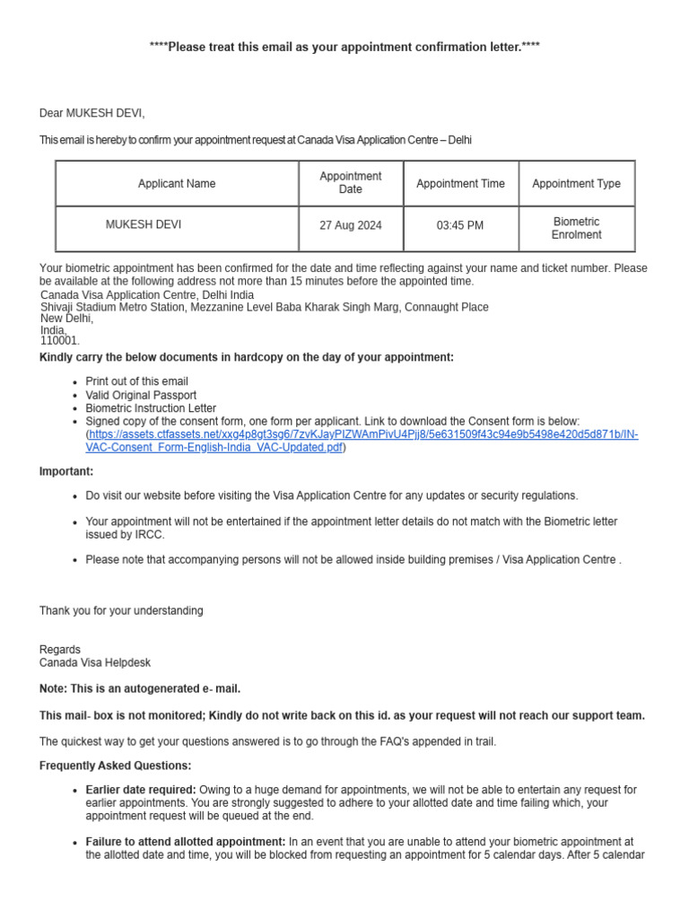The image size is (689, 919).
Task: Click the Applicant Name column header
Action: coord(177,184)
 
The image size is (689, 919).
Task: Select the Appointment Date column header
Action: coord(351,183)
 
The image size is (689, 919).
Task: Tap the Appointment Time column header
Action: coord(460,184)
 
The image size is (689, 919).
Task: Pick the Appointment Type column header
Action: coord(576,184)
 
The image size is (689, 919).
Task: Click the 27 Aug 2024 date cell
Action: coord(351,226)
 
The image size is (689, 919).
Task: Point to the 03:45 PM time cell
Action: coord(460,226)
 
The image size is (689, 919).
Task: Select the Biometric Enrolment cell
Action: coord(576,228)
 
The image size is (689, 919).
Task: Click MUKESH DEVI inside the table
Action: coord(144,225)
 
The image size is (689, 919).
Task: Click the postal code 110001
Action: coord(60,341)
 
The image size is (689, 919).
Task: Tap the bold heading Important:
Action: coord(66,472)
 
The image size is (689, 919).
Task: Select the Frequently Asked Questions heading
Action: coord(115,766)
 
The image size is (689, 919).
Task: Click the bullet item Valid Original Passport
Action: coord(141,395)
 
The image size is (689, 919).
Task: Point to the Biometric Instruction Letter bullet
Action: coord(151,408)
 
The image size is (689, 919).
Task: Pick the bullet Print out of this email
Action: coord(136,381)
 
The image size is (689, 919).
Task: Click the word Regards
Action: coord(60,650)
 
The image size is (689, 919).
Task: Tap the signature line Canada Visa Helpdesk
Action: coord(95,663)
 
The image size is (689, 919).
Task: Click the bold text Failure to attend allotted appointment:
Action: coord(186,843)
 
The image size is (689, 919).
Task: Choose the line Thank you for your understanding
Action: coord(121,611)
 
